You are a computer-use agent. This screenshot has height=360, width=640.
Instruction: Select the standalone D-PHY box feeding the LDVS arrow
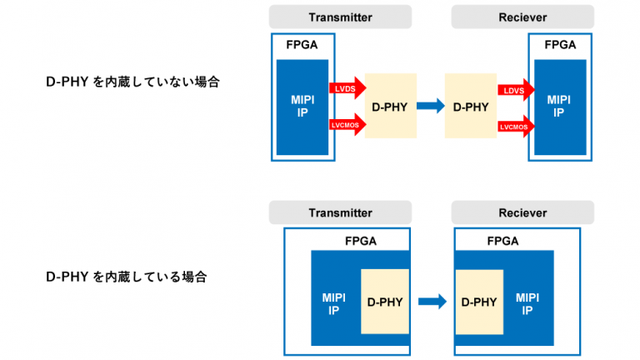click(470, 106)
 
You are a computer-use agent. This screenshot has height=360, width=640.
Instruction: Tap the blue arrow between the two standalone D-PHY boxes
click(430, 106)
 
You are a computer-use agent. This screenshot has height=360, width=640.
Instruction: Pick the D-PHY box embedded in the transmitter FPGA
click(384, 302)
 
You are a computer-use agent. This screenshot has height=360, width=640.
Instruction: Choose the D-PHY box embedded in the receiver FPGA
click(479, 302)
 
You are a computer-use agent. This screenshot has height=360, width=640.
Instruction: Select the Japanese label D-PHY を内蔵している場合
click(126, 276)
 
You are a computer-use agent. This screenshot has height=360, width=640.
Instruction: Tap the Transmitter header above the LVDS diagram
click(340, 17)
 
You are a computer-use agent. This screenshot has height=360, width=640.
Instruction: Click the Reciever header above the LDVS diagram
click(522, 17)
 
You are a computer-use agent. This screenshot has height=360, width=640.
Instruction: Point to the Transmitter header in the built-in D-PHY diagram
click(340, 212)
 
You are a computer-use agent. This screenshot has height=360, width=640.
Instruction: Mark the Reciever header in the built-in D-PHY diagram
click(522, 212)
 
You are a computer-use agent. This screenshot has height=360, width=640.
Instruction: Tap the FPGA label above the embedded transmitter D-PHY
click(360, 242)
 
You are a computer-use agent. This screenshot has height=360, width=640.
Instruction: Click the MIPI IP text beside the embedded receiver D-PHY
click(527, 302)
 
